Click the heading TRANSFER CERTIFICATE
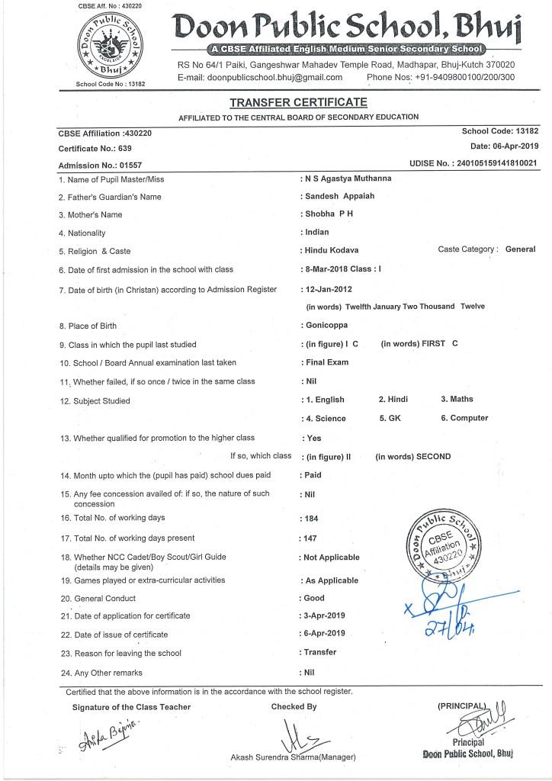tap(287, 102)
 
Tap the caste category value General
tap(521, 249)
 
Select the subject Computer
tap(469, 418)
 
